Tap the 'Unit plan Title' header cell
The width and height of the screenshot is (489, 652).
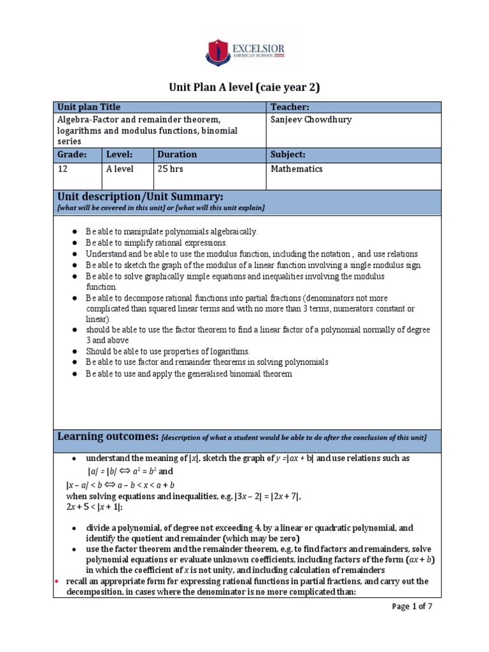(89, 107)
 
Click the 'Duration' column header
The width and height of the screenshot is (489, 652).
(177, 155)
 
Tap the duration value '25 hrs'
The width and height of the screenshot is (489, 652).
(170, 169)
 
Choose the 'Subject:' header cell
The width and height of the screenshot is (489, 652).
(288, 155)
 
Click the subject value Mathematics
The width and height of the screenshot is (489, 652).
(297, 169)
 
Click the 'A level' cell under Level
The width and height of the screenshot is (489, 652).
(121, 169)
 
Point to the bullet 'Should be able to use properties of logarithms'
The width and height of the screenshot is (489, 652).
(168, 351)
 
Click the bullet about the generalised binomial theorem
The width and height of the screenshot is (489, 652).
(189, 374)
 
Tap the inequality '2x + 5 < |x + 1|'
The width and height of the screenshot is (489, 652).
(94, 507)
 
